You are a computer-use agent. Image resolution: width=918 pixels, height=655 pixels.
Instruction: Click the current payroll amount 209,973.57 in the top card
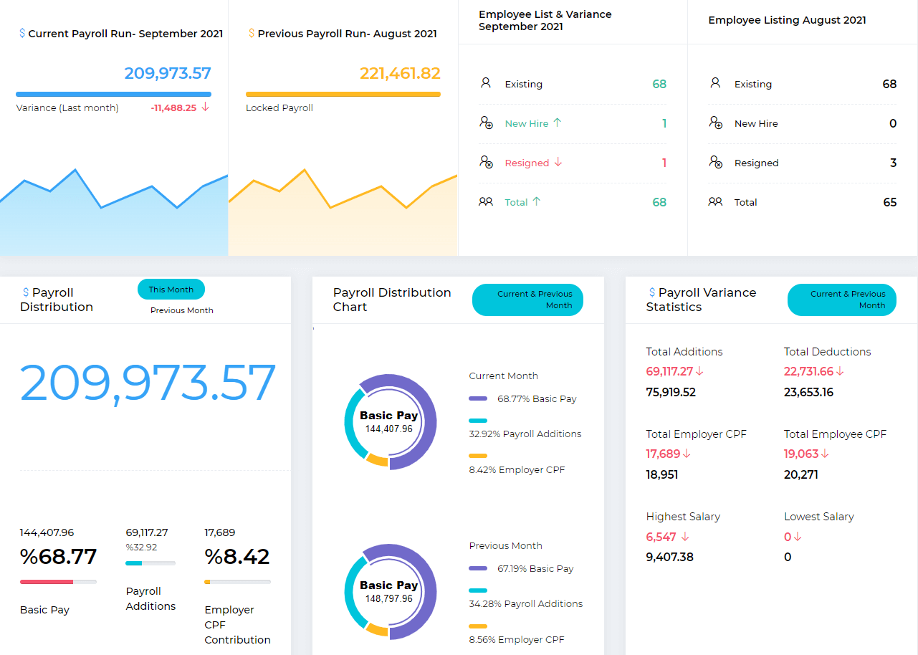click(x=168, y=73)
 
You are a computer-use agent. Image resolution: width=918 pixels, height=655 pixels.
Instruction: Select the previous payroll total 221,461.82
click(x=400, y=73)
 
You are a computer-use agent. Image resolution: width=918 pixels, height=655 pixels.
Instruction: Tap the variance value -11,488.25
click(x=173, y=108)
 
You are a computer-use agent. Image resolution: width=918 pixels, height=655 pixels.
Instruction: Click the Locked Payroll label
click(x=279, y=108)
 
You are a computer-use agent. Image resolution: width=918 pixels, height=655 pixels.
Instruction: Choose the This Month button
click(x=171, y=290)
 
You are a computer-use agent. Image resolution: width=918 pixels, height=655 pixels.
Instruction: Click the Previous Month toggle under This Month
click(x=182, y=310)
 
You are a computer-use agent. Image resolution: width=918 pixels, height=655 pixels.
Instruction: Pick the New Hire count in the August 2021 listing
click(x=892, y=123)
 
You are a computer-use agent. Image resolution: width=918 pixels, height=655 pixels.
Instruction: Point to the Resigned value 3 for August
click(x=893, y=163)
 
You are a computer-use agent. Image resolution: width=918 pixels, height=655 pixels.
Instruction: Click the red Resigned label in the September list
click(x=527, y=163)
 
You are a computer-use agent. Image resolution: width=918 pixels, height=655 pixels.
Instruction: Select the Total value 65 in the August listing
click(x=889, y=202)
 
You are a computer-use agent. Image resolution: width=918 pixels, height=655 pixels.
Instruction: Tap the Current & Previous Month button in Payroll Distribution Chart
click(x=527, y=300)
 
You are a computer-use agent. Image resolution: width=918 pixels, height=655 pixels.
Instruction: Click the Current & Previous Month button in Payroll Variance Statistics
click(x=841, y=300)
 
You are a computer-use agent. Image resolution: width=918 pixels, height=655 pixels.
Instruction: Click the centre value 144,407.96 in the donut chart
click(x=389, y=429)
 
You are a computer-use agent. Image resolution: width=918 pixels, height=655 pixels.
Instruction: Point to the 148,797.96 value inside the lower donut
click(x=389, y=598)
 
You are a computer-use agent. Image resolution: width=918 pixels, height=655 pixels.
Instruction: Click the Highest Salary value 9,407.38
click(x=669, y=557)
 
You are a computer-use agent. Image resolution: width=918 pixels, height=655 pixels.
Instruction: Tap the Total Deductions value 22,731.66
click(x=808, y=371)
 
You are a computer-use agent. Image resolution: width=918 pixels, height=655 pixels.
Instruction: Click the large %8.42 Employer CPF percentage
click(x=237, y=557)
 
